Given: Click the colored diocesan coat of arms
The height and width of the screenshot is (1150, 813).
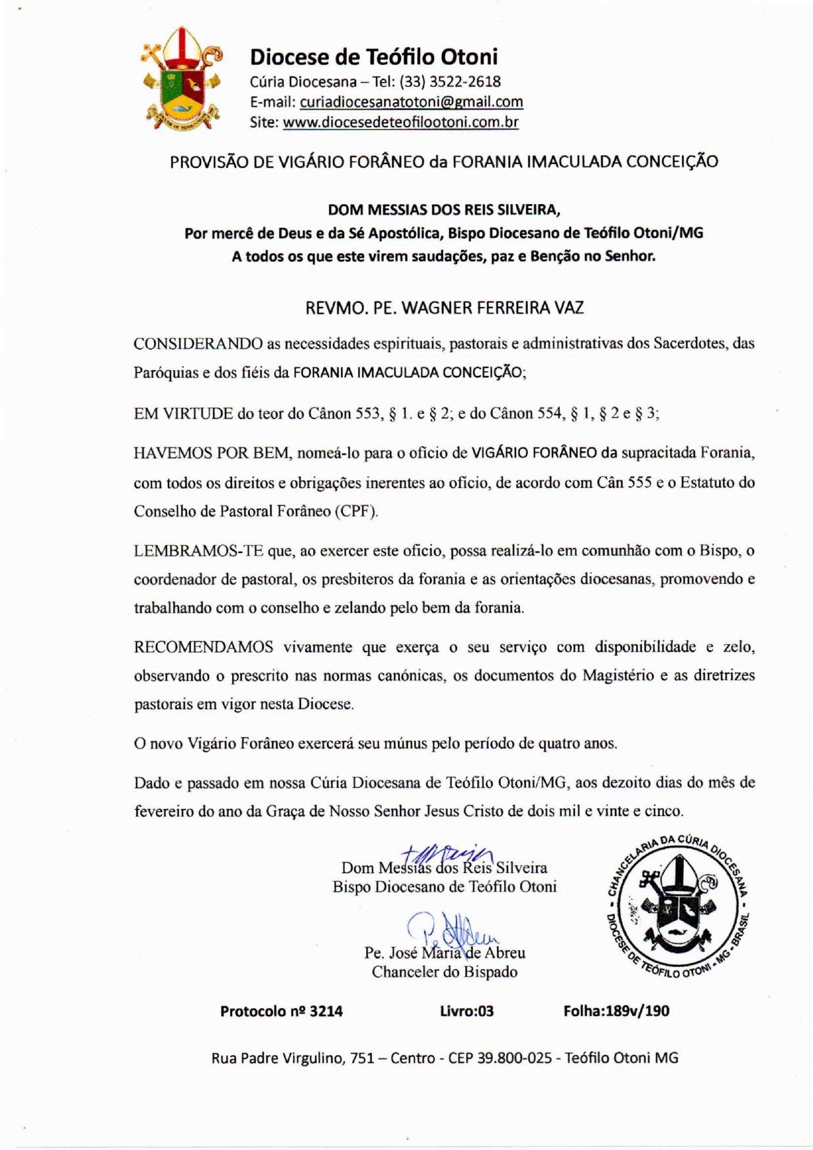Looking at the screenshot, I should pos(182,79).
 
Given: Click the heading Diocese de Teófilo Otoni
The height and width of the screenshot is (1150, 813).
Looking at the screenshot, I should pos(374,57).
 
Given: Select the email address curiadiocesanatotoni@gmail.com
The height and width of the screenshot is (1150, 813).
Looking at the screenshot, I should pos(411,102).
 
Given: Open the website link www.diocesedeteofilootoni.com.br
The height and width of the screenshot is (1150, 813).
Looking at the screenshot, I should pos(401,123).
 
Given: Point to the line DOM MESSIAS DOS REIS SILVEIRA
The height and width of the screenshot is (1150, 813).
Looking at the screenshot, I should pos(444,210).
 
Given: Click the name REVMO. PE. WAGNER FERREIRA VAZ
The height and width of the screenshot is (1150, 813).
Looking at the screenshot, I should pos(444,308).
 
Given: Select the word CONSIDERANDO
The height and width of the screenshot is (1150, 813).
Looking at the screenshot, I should pos(198,344).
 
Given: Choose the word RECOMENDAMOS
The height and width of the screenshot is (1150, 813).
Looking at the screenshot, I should pos(203,647).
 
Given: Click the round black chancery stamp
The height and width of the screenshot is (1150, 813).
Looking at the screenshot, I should pos(677,905).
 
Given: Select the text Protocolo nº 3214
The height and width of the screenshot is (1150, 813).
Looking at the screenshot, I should pos(281,1012).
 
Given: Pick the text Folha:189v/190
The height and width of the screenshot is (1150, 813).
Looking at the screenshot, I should pos(616,1012).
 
